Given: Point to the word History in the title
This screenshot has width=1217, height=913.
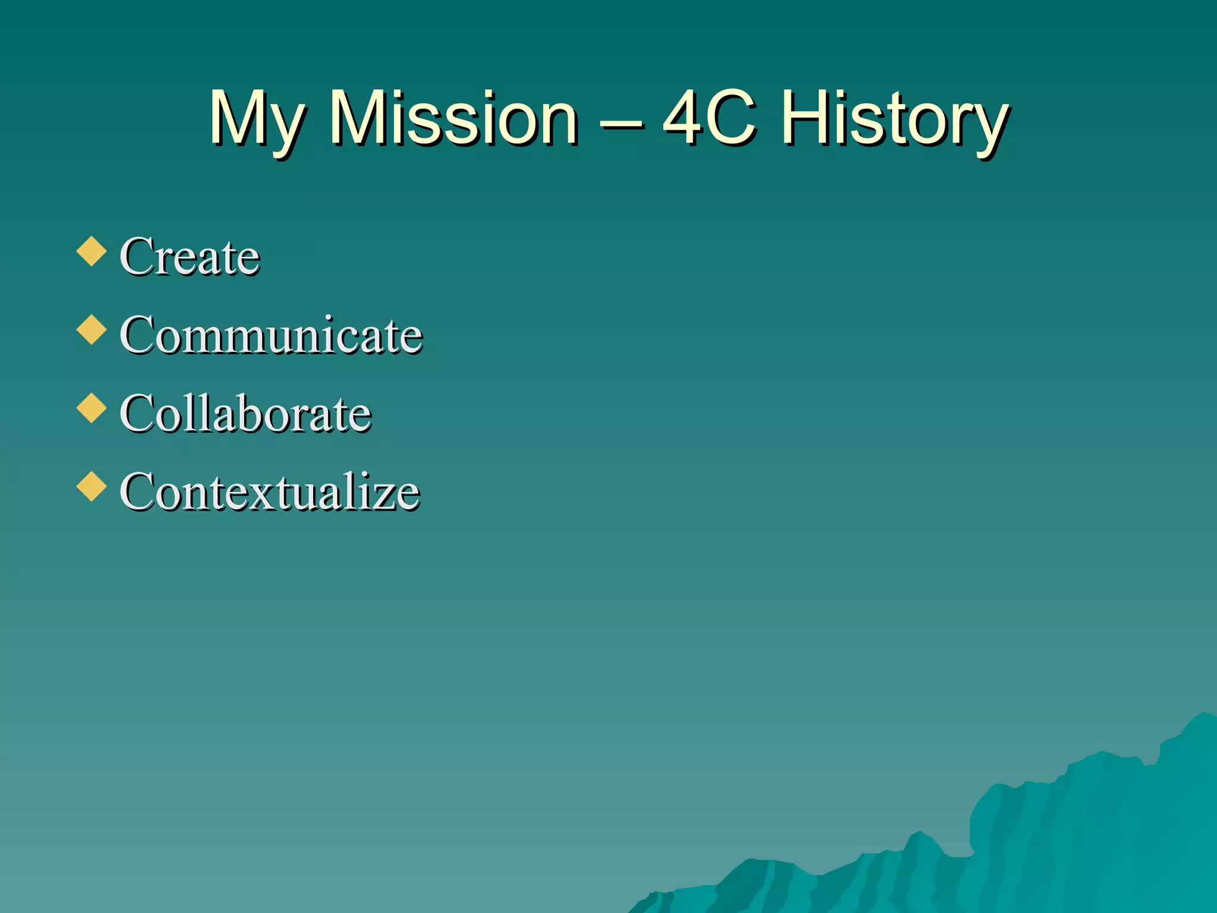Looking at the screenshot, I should pos(894,119).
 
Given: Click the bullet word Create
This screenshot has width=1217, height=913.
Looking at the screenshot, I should pos(190,256).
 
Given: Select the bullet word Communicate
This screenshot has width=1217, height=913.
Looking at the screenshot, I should pos(271,335).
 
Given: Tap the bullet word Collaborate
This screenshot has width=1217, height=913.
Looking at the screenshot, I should pos(245,413).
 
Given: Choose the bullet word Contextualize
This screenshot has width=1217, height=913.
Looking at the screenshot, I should pos(270,492).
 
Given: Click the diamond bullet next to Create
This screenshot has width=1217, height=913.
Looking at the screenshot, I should pos(92,251).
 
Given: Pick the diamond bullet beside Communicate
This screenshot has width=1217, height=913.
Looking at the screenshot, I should pos(92,329).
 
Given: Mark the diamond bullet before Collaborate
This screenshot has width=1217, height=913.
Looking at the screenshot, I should pos(92,408).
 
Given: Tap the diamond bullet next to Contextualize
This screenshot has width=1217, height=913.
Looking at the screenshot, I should pos(92,486).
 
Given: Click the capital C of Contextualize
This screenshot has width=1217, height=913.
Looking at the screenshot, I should pos(137,492).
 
